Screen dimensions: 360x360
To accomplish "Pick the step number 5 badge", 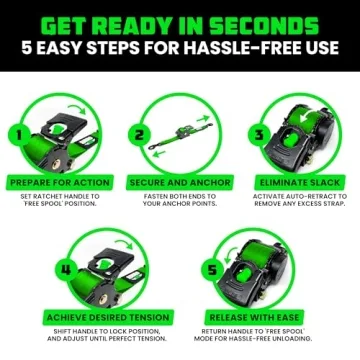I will pyautogui.click(x=213, y=269).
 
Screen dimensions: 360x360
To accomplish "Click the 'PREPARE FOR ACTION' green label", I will pyautogui.click(x=60, y=183).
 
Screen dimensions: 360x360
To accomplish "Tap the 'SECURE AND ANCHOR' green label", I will pyautogui.click(x=180, y=183).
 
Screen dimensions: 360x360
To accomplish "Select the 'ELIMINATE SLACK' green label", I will pyautogui.click(x=299, y=183).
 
